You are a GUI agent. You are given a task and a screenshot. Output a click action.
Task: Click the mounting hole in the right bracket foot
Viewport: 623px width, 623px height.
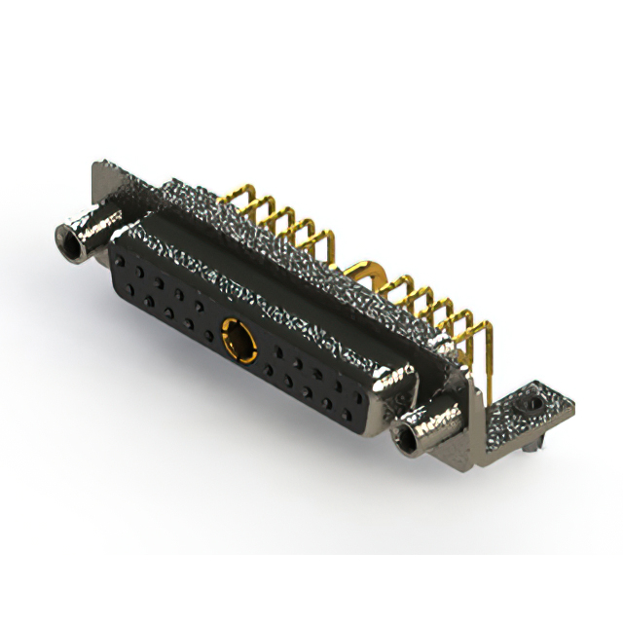point(530,401)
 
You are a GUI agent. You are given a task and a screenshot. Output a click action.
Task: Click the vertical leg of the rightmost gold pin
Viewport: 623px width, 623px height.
point(493,360)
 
